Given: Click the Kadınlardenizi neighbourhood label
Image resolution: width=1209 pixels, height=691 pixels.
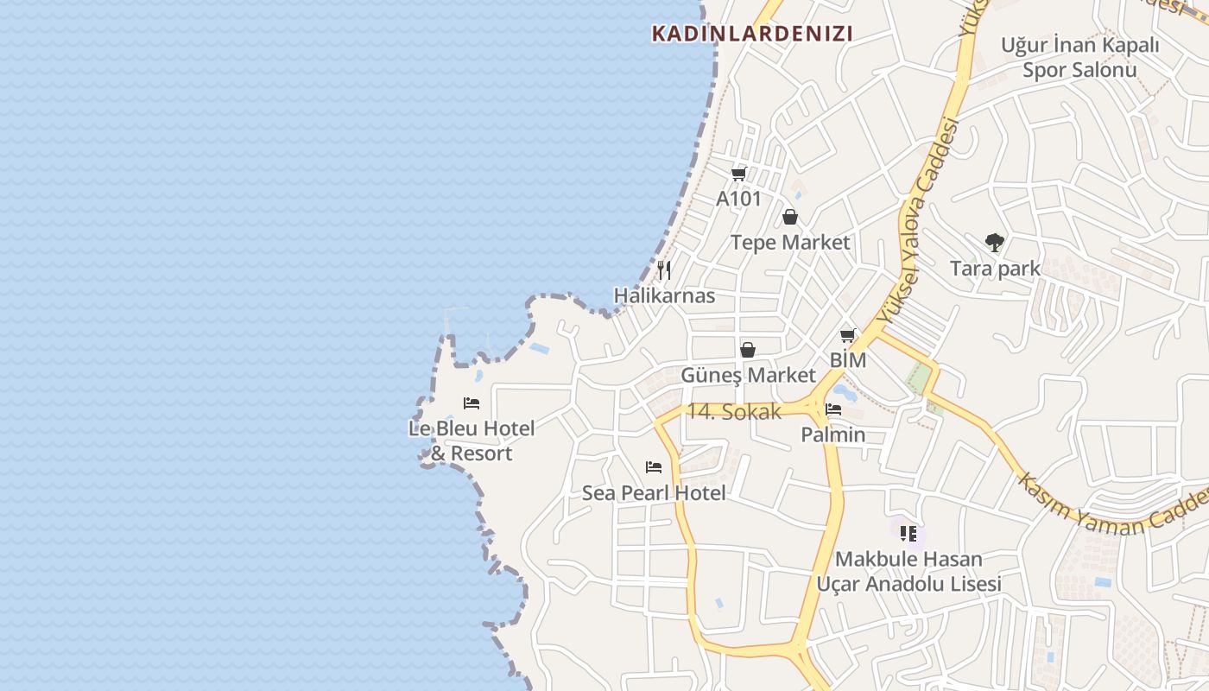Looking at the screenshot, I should [x=751, y=34].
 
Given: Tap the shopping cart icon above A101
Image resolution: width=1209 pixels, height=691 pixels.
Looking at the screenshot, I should [x=738, y=174].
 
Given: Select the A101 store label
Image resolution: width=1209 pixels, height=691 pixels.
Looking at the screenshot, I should [x=738, y=199].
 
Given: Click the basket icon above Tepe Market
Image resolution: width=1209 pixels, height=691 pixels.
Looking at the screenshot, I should [x=789, y=217].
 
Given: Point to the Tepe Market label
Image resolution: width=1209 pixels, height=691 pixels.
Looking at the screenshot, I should [x=790, y=242].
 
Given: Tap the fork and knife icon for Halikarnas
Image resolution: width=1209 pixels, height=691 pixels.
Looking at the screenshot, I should [x=664, y=270].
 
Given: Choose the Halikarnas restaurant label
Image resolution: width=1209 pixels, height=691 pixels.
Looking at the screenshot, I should [x=664, y=295].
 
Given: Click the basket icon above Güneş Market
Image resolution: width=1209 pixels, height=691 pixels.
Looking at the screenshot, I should [x=748, y=350].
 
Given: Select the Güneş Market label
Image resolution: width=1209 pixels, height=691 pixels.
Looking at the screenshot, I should [x=748, y=375].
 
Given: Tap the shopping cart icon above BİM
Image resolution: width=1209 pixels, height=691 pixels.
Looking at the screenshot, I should [x=848, y=335].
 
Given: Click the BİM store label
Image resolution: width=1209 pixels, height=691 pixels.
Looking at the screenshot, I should [x=848, y=359].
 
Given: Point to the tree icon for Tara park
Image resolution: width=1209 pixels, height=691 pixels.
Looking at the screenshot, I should [x=995, y=243].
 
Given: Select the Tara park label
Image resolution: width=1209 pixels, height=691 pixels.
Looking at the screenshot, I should [x=995, y=269].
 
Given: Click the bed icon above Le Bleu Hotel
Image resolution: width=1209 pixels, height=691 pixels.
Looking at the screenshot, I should [x=472, y=403].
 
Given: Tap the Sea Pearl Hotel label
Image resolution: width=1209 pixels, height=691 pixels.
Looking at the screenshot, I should [x=654, y=493].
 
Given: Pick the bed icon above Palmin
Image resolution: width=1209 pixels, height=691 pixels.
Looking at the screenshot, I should [x=833, y=409].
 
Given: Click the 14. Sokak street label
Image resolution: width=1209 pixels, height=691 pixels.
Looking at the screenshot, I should [x=733, y=412].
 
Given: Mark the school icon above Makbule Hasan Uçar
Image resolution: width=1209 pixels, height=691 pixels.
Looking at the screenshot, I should [x=908, y=534].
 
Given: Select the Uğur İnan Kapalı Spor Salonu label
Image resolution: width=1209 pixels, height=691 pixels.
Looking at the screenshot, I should [x=1079, y=57].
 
